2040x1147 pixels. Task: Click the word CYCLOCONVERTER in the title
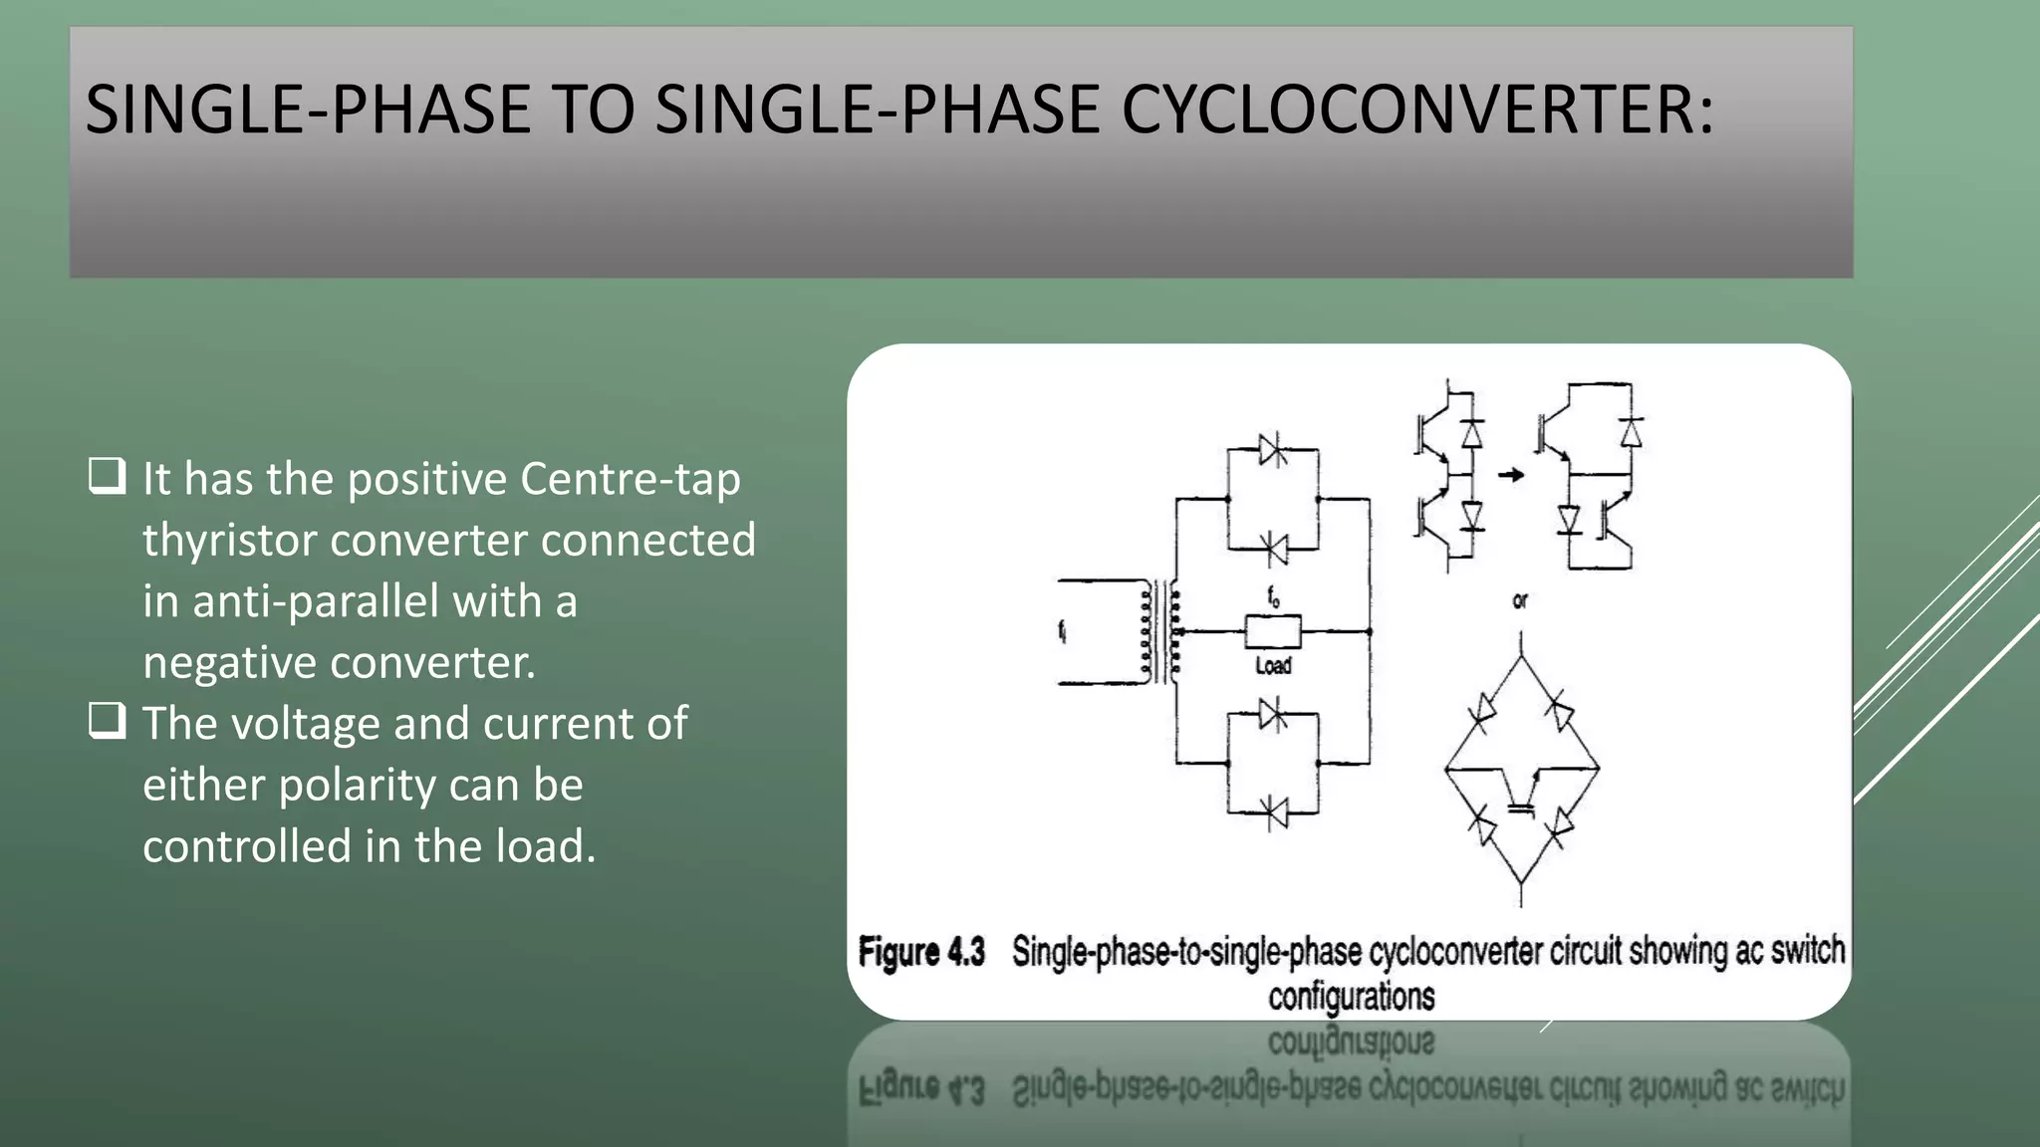[1417, 110]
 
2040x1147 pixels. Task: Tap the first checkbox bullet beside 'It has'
[108, 476]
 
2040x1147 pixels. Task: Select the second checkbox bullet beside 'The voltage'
[108, 721]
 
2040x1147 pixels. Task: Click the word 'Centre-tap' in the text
[631, 480]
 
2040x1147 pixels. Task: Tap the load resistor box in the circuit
[1272, 631]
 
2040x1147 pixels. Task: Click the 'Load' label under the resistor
[1273, 665]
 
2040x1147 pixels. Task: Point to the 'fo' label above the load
[1273, 597]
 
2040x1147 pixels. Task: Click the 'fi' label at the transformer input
[1062, 630]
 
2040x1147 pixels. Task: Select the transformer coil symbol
[1160, 631]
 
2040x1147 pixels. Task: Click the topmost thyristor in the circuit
[1272, 450]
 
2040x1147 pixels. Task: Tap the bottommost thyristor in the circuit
[1273, 811]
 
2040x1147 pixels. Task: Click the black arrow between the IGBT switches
[1511, 475]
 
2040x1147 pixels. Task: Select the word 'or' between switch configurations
[1520, 601]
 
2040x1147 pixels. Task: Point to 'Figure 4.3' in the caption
[921, 952]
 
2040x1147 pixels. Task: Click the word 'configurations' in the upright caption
[1351, 997]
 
